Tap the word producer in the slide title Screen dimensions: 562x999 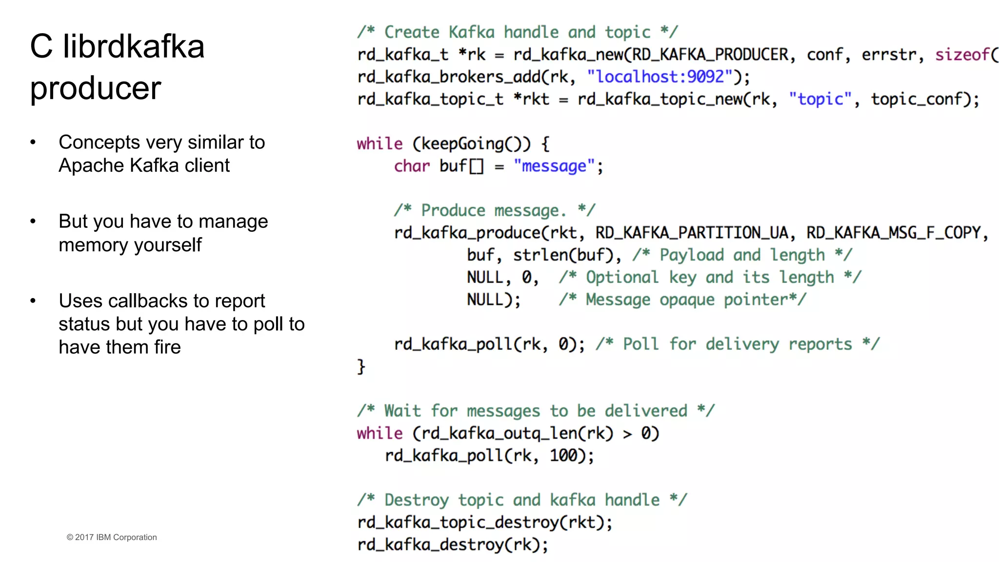[96, 88]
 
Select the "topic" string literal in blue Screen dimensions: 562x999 [820, 99]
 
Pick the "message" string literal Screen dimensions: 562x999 [554, 166]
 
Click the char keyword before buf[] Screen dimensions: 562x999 [412, 166]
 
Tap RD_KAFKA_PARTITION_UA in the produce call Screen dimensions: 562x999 [691, 233]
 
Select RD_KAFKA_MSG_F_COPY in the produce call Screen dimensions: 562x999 [893, 233]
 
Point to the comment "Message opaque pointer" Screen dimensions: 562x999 [682, 300]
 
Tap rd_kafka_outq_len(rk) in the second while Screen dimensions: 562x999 [517, 433]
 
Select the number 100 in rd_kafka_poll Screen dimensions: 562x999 [563, 456]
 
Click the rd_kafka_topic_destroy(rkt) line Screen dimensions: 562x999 [484, 522]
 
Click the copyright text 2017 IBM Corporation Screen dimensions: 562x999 [112, 537]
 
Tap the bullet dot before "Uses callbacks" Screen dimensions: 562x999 [33, 301]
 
